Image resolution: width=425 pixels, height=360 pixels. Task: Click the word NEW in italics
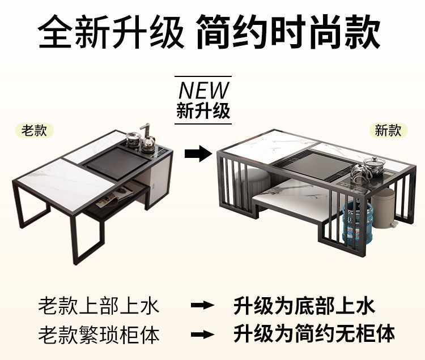204,90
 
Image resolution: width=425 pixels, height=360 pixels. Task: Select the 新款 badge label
388,130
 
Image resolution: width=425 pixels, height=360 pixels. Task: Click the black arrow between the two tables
198,153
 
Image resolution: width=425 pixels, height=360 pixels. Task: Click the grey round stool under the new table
252,181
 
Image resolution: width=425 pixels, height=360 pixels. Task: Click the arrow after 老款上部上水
202,306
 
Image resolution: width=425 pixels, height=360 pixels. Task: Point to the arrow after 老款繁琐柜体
202,334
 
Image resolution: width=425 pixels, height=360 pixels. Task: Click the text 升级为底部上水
304,306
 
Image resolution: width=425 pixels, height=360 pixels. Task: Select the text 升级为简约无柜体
314,333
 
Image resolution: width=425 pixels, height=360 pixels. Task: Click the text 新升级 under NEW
203,110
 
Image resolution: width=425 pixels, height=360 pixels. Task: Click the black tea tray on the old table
113,160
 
